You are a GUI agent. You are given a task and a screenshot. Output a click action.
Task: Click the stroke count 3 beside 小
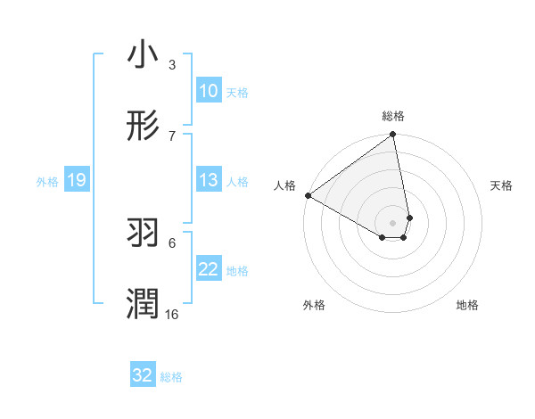pos(172,64)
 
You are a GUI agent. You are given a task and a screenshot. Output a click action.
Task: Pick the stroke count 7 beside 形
pos(172,136)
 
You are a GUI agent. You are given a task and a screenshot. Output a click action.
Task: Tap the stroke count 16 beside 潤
pos(172,314)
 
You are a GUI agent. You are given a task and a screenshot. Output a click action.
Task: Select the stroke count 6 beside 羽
pos(172,242)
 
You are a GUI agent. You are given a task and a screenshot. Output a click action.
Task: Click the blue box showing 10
pos(208,91)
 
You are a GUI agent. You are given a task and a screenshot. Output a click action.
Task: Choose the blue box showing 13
pos(208,180)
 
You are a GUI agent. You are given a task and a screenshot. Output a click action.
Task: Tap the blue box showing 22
pos(208,269)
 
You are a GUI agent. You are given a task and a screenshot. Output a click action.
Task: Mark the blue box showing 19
pos(76,180)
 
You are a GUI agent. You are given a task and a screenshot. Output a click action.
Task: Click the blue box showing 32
pos(143,375)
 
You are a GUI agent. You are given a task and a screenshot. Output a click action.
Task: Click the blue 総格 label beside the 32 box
pos(171,377)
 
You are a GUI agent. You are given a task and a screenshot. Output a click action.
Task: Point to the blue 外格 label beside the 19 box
pos(47,182)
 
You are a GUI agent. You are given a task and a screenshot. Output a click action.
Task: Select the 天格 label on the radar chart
pos(501,185)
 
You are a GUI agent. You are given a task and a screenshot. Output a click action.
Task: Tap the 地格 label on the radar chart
pos(467,305)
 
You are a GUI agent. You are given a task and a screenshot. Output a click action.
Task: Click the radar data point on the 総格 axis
pos(392,135)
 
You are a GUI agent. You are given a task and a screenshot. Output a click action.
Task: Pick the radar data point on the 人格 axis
pos(308,195)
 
